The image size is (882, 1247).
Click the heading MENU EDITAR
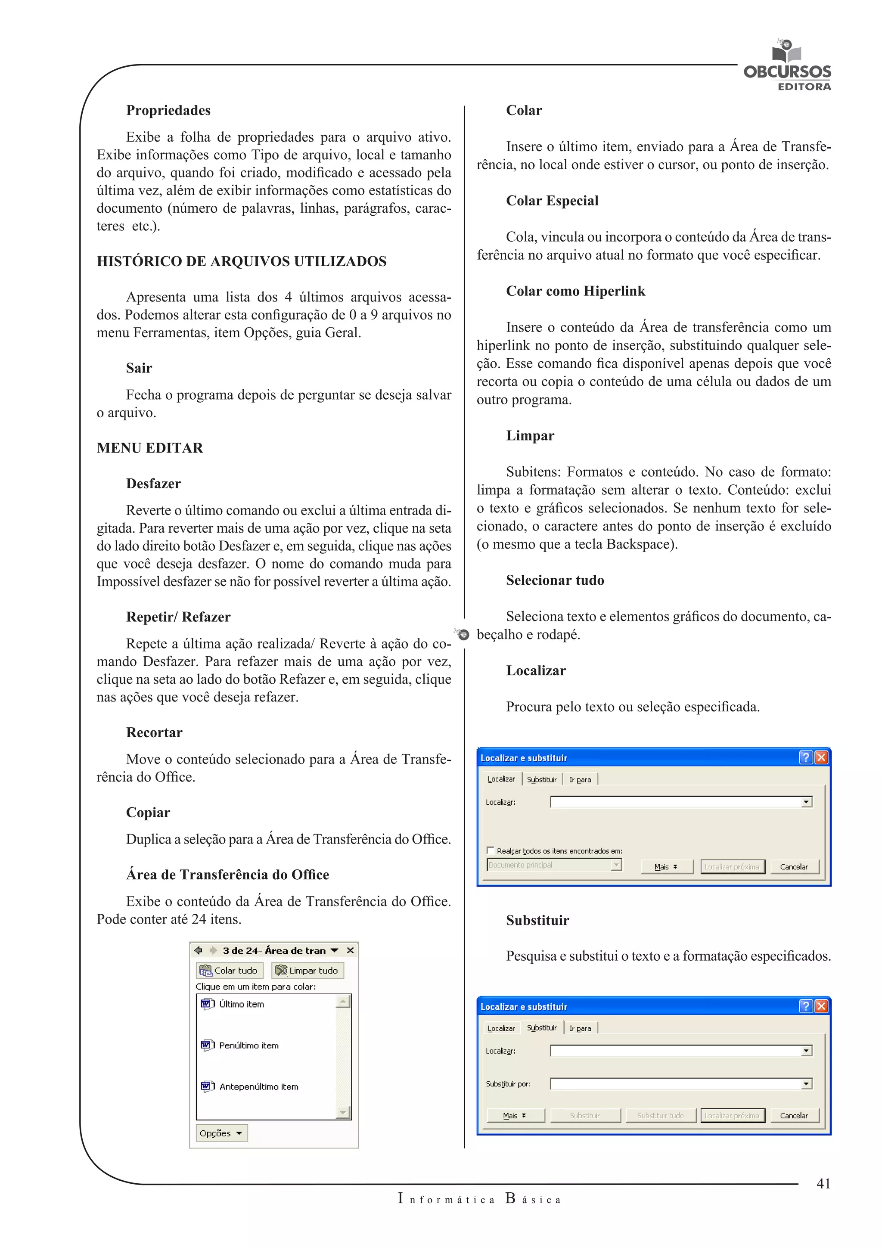(150, 448)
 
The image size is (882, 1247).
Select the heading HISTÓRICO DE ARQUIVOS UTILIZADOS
(241, 261)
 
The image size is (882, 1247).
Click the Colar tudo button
(229, 970)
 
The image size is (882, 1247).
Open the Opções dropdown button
(221, 1133)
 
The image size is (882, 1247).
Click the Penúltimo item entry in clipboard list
(248, 1045)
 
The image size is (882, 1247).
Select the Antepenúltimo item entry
(258, 1086)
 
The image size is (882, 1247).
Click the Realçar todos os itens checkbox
(491, 850)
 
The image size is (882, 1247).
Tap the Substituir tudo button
(660, 1116)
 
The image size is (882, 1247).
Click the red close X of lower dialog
(821, 1006)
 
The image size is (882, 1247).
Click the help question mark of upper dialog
(805, 758)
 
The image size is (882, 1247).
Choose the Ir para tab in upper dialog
(580, 779)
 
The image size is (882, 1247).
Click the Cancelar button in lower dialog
(793, 1116)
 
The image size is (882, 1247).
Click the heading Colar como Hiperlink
(575, 291)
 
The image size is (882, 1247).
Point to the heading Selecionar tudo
(555, 580)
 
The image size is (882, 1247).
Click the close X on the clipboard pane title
(350, 950)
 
